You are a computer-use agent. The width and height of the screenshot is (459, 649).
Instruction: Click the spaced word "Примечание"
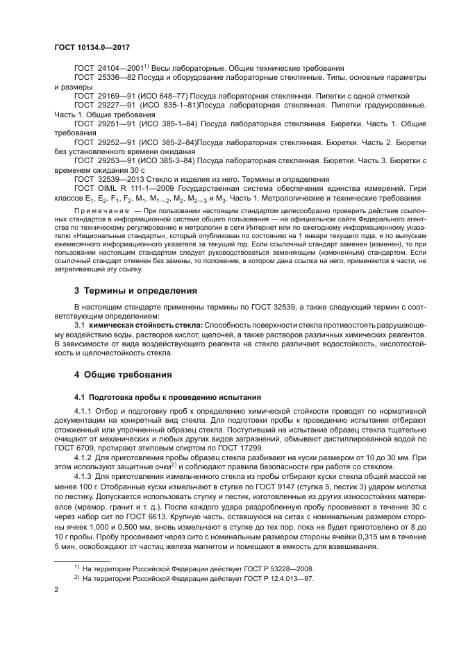pyautogui.click(x=102, y=209)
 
